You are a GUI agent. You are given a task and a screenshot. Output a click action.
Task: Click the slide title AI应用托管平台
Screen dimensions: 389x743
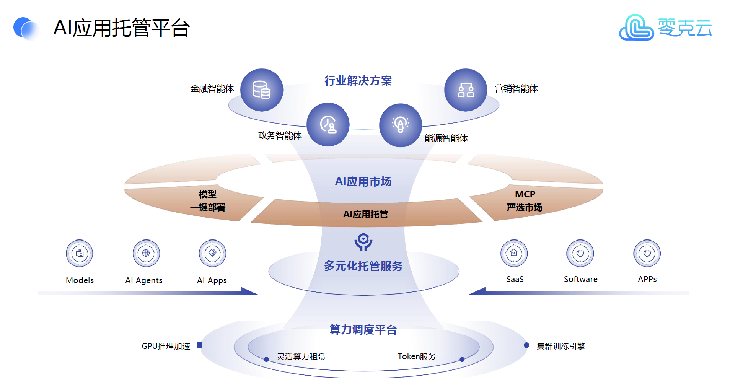[122, 28]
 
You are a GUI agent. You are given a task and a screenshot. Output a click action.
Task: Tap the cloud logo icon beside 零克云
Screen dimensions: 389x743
[636, 28]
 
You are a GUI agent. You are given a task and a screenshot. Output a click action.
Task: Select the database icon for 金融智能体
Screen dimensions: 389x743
[262, 90]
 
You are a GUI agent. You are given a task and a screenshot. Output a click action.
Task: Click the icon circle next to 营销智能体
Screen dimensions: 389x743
[466, 90]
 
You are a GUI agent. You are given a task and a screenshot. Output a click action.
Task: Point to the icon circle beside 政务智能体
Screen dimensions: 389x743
[328, 124]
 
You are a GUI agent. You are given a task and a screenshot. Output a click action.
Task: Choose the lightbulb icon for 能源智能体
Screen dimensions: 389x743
[401, 125]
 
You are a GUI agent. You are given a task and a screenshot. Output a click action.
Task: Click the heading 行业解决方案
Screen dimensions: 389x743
[358, 81]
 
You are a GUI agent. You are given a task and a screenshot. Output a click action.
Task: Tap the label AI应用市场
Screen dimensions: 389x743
[363, 181]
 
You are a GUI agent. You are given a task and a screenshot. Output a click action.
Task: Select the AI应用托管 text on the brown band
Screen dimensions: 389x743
[365, 214]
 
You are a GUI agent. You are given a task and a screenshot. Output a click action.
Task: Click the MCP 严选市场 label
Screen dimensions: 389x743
[525, 201]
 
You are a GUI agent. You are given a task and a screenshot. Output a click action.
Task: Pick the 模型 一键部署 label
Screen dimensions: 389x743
[208, 201]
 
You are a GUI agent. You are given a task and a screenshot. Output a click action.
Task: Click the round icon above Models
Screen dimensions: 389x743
[80, 253]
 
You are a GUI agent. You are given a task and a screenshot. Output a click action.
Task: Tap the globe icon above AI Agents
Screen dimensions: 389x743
[146, 253]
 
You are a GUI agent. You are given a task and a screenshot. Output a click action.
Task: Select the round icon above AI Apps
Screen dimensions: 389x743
[212, 253]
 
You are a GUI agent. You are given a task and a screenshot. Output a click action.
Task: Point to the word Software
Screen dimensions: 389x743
[580, 279]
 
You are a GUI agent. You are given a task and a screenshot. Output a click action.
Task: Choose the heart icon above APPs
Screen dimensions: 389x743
[647, 253]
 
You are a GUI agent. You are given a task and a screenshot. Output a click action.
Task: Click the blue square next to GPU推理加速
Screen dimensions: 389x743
[199, 345]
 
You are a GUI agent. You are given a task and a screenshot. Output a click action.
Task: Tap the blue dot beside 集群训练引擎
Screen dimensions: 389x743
[526, 345]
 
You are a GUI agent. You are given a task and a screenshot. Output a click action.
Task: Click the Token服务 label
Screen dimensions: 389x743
[417, 356]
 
